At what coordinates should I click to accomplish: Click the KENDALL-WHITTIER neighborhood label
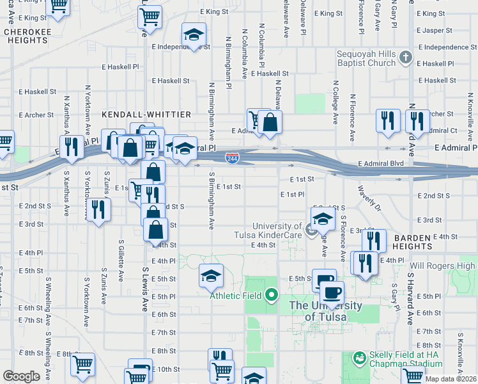coord(146,114)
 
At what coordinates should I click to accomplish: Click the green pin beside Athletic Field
coord(272,295)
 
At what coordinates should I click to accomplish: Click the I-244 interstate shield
coord(233,157)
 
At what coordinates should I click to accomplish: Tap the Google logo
coord(21,376)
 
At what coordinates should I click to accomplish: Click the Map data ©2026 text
coord(451,379)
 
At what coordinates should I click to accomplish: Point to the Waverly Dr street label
coord(369,200)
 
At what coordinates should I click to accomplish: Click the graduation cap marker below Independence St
coord(194,35)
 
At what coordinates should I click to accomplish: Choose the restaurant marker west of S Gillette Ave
coord(98,210)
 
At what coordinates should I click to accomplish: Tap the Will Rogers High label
coord(443,266)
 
